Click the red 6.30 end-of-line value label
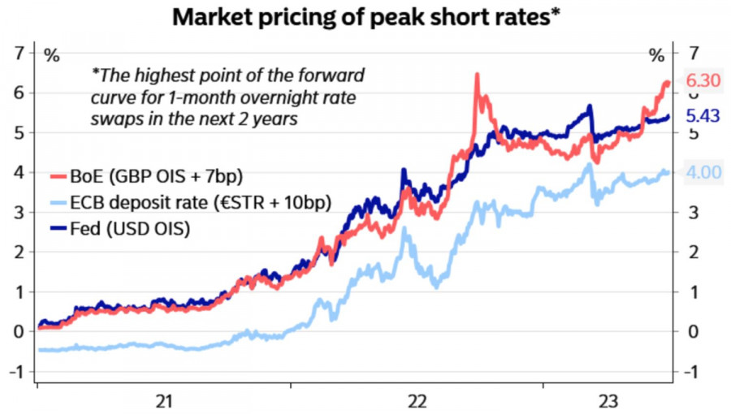(x=703, y=81)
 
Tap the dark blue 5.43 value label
(x=703, y=116)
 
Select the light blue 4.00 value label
(x=703, y=173)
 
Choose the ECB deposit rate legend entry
(x=188, y=203)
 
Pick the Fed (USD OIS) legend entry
(x=131, y=229)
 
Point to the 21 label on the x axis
(x=165, y=400)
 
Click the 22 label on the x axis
(x=417, y=400)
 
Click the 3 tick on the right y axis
(x=693, y=213)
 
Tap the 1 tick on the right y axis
(x=693, y=292)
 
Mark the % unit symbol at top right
(x=656, y=56)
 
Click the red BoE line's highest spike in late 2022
(x=477, y=75)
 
